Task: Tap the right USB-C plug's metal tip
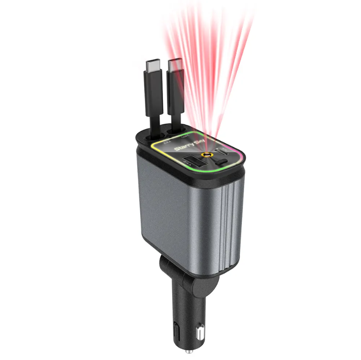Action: pyautogui.click(x=175, y=65)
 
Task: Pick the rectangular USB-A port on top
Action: pyautogui.click(x=196, y=161)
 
